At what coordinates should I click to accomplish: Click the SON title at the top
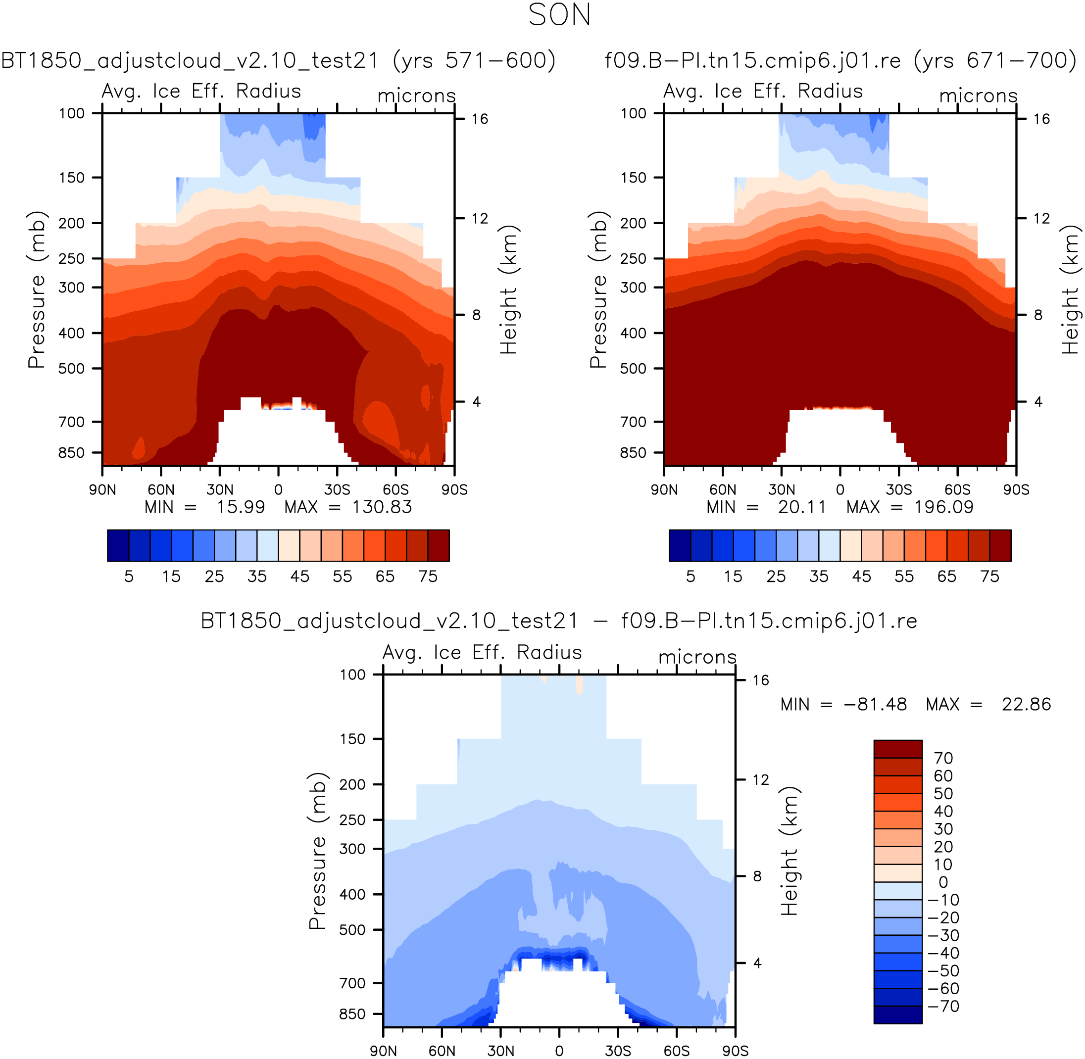click(x=559, y=15)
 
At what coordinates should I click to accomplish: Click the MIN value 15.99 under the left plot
click(x=241, y=507)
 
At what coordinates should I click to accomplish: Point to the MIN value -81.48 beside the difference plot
click(x=875, y=704)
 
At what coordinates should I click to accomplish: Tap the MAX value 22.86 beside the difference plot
click(x=1027, y=704)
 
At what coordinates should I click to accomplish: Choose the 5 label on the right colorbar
click(x=690, y=576)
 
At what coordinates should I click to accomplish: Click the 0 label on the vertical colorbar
click(x=943, y=882)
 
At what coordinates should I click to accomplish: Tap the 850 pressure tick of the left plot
click(x=72, y=453)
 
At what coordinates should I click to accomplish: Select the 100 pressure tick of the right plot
click(x=634, y=113)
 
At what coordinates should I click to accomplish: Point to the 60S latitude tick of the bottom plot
click(x=677, y=1051)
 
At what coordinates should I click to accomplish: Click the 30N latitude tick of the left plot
click(x=220, y=489)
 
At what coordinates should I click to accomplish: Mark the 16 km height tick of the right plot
click(x=1041, y=119)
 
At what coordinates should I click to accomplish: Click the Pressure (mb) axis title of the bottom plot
click(x=317, y=851)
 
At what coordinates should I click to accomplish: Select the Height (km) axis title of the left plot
click(x=508, y=290)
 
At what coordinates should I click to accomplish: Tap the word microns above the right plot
click(x=979, y=96)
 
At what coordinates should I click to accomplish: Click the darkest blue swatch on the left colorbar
click(x=118, y=546)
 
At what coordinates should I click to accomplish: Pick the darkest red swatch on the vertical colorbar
click(x=898, y=749)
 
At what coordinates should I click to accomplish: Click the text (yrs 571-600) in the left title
click(x=474, y=60)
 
